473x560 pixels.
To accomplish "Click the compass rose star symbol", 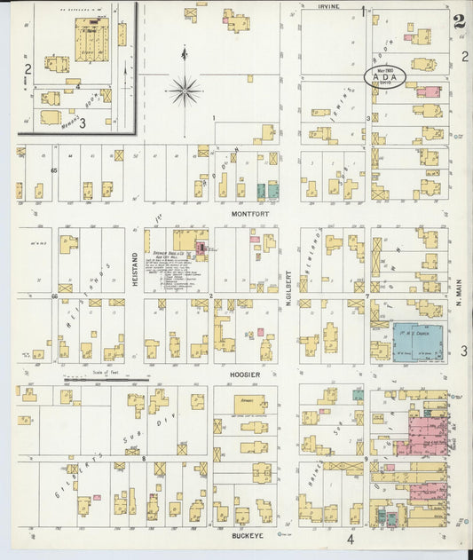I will [185, 89].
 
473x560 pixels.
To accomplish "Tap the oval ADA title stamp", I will [385, 76].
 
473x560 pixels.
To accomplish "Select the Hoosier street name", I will [245, 375].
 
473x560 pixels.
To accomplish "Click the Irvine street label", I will [329, 6].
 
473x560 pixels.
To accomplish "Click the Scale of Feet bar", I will [106, 380].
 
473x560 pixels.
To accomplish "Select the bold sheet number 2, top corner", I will [459, 22].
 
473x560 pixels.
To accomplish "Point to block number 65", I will [54, 170].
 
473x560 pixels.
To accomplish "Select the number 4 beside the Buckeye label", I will [350, 539].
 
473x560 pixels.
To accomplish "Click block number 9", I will [366, 459].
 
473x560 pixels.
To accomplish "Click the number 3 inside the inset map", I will [83, 122].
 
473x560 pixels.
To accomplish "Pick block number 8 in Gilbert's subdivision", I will [143, 459].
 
